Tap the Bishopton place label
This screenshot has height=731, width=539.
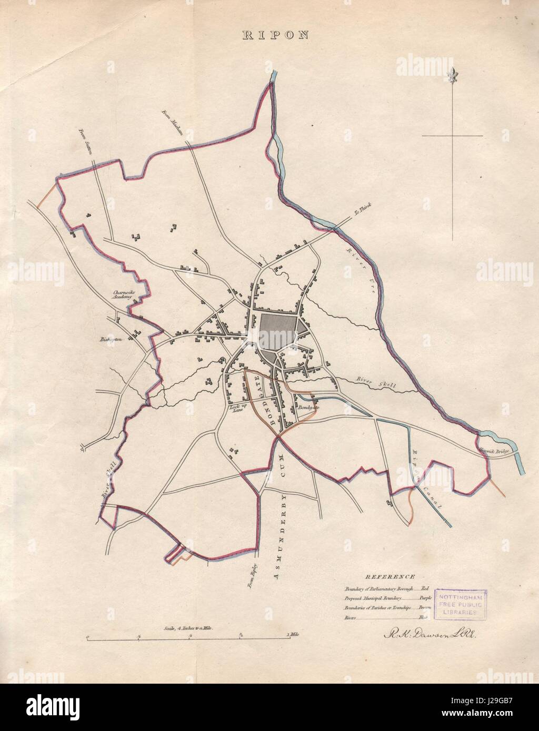coord(111,340)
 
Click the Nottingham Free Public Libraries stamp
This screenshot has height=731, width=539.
coord(460,602)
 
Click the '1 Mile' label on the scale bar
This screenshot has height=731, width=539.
coord(294,635)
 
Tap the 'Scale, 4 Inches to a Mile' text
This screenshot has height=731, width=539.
coord(187,628)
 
